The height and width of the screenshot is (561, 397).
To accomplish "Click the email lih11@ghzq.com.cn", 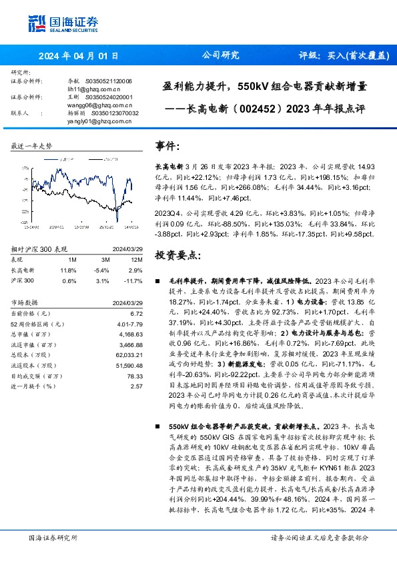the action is point(95,88).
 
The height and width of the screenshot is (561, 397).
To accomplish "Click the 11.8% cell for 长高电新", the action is point(68,271).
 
